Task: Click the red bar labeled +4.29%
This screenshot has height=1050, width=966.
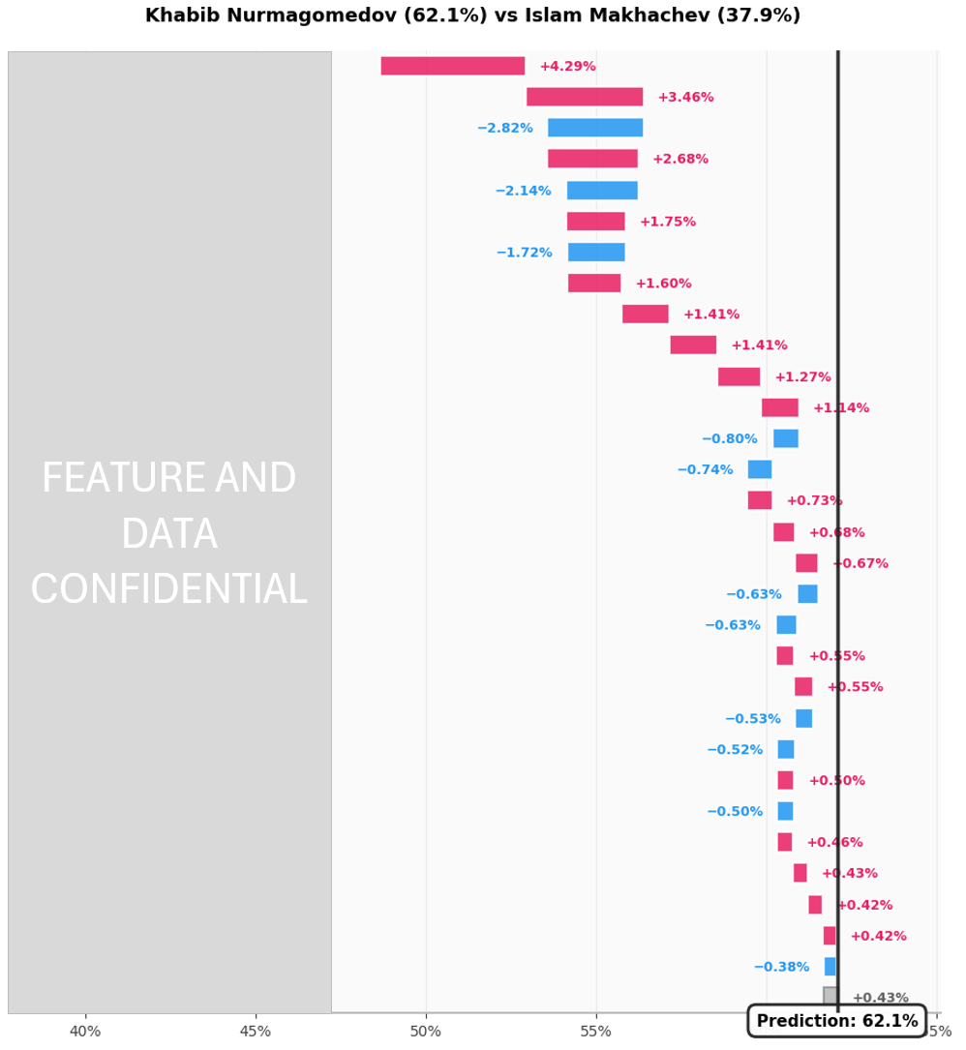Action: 452,66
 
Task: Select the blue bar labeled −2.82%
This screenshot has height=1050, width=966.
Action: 594,128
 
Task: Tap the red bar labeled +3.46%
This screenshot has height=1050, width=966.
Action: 584,97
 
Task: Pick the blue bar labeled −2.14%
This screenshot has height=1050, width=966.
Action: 601,191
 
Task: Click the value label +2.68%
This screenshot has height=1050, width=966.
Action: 679,159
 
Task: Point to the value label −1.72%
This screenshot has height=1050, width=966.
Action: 524,253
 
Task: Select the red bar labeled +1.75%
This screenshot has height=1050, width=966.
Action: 595,222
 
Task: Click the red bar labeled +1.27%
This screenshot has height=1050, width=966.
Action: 739,376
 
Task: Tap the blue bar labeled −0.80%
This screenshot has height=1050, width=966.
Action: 785,438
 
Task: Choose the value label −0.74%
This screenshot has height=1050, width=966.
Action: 705,469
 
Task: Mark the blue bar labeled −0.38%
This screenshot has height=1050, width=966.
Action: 830,967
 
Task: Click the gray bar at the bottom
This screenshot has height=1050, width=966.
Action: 830,996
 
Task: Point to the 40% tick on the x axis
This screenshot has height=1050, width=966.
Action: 85,1032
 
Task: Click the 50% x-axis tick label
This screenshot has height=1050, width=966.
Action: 426,1032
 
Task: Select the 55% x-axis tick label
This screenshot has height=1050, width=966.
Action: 596,1032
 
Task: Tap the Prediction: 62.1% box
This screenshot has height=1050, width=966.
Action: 836,1021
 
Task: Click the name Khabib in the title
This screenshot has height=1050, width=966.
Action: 179,15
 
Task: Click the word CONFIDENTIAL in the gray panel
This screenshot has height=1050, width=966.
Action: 168,590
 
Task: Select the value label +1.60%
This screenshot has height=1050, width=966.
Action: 663,284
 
